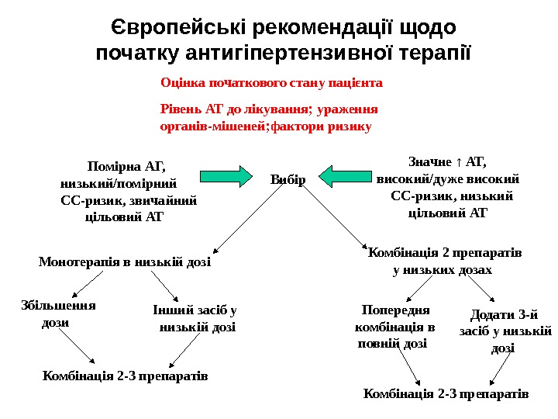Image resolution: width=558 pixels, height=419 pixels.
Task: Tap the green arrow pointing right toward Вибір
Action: point(226,176)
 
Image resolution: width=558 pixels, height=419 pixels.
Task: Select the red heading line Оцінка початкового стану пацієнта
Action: point(271,81)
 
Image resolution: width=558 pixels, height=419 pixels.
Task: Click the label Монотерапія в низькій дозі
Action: point(125,262)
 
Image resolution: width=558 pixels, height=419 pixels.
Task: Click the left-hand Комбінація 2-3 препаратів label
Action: point(126,376)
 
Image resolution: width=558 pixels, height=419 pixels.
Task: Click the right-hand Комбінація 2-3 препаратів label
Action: point(445,394)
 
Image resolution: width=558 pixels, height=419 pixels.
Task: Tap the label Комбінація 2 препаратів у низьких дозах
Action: point(443,261)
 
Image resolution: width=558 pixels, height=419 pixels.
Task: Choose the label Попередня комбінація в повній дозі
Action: point(389,327)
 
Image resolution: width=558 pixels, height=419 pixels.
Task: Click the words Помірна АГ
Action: point(128,164)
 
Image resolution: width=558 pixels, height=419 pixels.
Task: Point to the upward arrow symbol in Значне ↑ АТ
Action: point(461,161)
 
